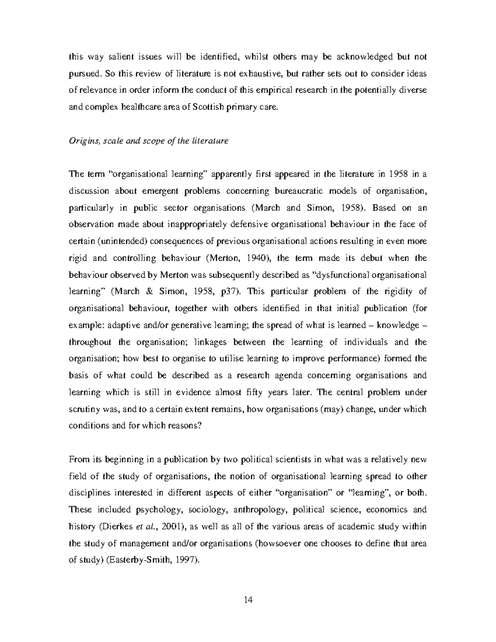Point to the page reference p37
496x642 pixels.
(228, 292)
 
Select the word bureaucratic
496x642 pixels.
(299, 191)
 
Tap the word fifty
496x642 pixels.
(253, 393)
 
